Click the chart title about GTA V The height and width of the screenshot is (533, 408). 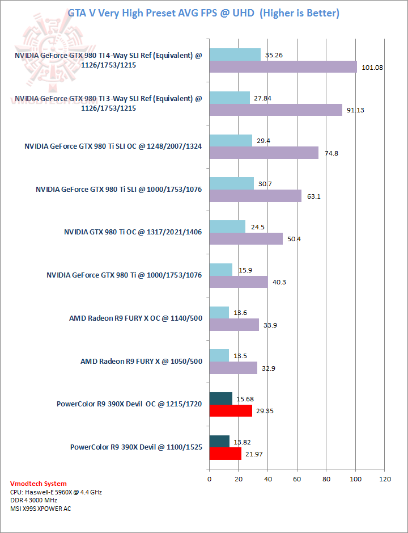point(203,12)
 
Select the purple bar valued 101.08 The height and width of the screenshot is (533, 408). point(283,67)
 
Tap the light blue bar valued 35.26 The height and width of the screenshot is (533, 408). point(235,54)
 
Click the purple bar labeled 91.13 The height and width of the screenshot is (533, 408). point(275,110)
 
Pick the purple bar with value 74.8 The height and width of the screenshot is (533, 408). point(263,153)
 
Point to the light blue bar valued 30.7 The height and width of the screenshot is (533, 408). point(232,183)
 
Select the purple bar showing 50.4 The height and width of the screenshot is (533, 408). point(246,239)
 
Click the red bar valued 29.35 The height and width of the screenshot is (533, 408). point(231,411)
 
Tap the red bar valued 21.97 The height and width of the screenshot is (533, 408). point(226,454)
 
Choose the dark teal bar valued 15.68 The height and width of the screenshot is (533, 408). point(221,398)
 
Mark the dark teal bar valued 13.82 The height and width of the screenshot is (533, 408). point(219,441)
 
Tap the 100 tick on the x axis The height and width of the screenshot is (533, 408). point(355,480)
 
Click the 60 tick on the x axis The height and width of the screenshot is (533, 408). point(297,480)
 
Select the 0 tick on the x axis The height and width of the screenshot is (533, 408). point(210,480)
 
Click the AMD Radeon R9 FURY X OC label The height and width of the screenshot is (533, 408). point(135,318)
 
